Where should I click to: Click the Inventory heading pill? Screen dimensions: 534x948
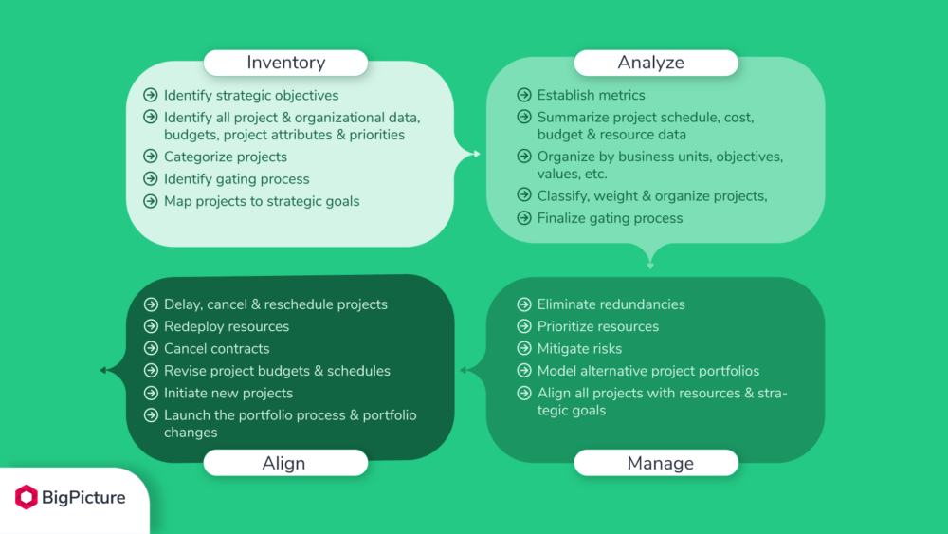coord(285,64)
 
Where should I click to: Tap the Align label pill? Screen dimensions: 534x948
coord(284,463)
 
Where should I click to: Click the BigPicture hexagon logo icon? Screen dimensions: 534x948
coord(27,497)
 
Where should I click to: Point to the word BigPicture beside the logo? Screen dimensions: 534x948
coord(83,497)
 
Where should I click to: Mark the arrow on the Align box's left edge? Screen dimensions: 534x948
coord(106,370)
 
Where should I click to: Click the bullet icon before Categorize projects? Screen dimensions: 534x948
coord(150,157)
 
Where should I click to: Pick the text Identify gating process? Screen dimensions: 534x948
coord(236,179)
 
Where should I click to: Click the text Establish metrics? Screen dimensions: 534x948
coord(591,95)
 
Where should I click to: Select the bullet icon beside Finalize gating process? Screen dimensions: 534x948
coord(523,218)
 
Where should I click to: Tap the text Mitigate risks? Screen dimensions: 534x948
coord(579,349)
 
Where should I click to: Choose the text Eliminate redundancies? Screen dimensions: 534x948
coord(611,304)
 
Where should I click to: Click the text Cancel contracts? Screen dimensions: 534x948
coord(216,349)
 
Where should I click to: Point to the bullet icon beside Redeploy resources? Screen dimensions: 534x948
coord(150,326)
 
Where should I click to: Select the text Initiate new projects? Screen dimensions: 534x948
coord(228,393)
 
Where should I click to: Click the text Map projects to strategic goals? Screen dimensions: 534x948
coord(262,201)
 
